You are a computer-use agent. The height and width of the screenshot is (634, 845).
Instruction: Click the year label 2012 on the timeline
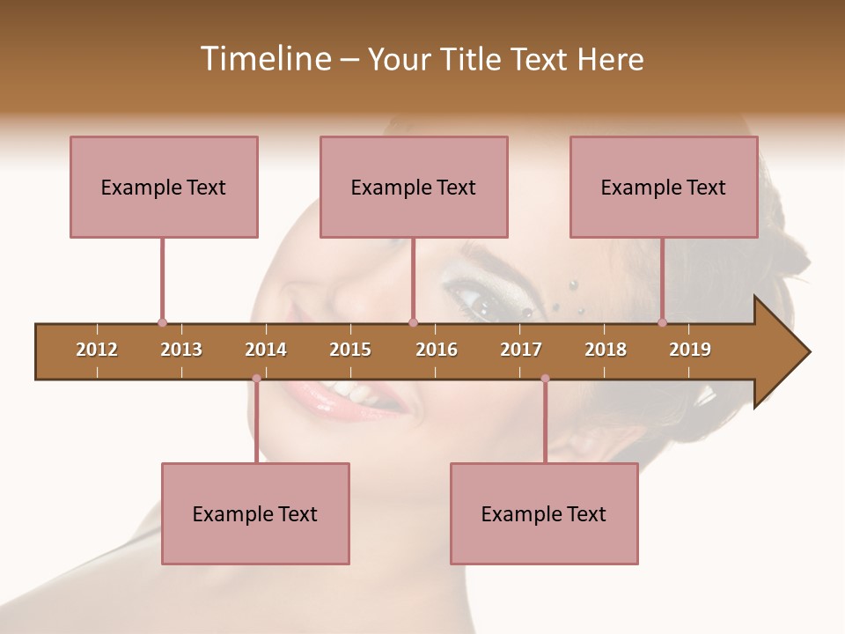[x=97, y=350]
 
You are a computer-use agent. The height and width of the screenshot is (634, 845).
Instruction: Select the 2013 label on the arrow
[x=181, y=350]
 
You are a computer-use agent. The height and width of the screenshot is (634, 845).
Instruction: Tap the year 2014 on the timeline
[x=266, y=350]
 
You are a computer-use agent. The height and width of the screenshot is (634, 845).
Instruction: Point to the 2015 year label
[x=350, y=350]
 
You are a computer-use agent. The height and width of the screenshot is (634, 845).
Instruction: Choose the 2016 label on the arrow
[x=437, y=350]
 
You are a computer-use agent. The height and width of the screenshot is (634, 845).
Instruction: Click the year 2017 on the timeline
[x=521, y=350]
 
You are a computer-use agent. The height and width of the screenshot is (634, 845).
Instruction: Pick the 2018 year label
[x=606, y=350]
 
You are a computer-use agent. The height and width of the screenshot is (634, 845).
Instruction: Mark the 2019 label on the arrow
[x=690, y=350]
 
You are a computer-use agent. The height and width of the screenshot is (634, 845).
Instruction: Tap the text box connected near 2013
[x=164, y=187]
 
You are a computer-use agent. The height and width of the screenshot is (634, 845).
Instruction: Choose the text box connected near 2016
[x=414, y=187]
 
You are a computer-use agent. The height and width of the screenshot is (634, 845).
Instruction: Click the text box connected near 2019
[x=664, y=187]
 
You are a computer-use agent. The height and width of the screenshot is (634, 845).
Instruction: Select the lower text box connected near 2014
[x=255, y=513]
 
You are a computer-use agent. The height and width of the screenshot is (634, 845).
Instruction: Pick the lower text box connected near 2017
[x=544, y=513]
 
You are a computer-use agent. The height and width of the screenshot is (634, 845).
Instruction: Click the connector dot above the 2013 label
[x=162, y=323]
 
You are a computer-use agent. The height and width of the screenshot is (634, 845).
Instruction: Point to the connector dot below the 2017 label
[x=545, y=379]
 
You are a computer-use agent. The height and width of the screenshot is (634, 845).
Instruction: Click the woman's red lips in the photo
[x=348, y=396]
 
